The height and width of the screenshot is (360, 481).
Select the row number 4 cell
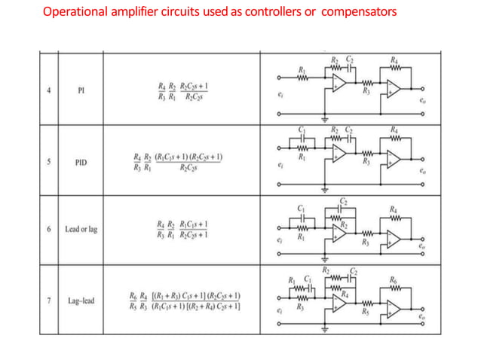click(49, 92)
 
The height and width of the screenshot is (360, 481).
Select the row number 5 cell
click(49, 161)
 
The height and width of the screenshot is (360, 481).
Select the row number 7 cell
click(49, 300)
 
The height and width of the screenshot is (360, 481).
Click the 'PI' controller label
click(81, 92)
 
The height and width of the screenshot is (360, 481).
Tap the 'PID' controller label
click(81, 161)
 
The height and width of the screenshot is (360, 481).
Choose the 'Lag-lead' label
click(81, 301)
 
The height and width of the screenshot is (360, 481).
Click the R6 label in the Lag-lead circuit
click(394, 279)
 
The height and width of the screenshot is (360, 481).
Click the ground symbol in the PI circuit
click(325, 119)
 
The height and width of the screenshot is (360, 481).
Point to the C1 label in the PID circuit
click(302, 130)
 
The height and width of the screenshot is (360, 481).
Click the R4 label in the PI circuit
click(394, 59)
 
